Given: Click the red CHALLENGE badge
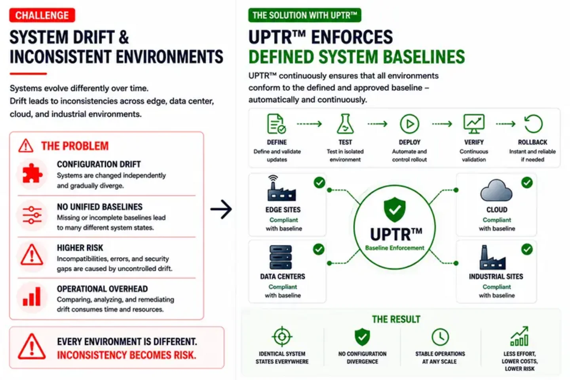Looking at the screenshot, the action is pos(42,15).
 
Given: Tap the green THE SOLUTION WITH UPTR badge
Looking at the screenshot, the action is pos(305,15).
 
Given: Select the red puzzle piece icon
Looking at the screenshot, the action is pos(32,174).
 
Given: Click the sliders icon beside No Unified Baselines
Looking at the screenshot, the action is pos(32,215).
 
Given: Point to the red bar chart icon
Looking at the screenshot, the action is pos(32,296).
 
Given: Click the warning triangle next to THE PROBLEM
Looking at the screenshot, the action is pos(26,146).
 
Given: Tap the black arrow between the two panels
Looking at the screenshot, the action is pos(221,209).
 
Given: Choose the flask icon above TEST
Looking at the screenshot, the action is pos(345,124).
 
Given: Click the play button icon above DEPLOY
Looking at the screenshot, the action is pos(409,124).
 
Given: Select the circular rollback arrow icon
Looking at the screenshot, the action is pos(533,123).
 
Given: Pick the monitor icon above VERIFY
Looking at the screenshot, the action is pos(474,124).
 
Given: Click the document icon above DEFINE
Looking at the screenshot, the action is pos(276,124).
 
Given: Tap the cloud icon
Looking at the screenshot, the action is pos(496,190).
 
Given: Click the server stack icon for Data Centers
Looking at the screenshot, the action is pos(280,257).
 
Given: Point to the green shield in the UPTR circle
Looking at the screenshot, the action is pos(395,209).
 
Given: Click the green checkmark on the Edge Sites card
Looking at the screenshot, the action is pos(319,182).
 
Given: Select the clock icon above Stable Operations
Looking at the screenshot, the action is pos(440,337).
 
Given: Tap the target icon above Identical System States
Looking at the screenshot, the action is pos(282,336).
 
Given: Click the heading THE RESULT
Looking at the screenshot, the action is pos(396,319).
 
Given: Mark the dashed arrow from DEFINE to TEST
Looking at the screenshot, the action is pos(310,124).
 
